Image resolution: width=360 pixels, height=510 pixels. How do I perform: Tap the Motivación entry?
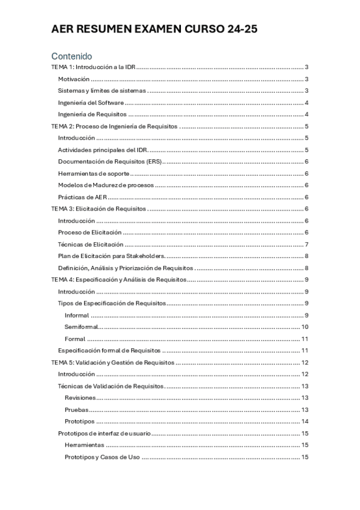(x=74, y=79)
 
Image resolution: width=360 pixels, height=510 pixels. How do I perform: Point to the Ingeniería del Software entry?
(x=91, y=103)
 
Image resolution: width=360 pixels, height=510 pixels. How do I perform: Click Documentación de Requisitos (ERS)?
(x=111, y=162)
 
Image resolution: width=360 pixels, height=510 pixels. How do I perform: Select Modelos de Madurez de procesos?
(x=106, y=185)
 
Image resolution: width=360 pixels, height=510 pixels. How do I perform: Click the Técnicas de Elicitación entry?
(x=91, y=244)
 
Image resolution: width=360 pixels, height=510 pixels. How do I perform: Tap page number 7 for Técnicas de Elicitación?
(x=307, y=244)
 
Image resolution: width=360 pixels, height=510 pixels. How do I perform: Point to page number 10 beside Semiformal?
(x=305, y=327)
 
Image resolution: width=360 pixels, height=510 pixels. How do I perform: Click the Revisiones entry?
(x=80, y=398)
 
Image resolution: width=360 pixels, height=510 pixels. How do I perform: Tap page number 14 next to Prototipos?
(x=305, y=421)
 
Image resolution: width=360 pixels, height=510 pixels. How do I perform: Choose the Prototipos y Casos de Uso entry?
(x=102, y=457)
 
